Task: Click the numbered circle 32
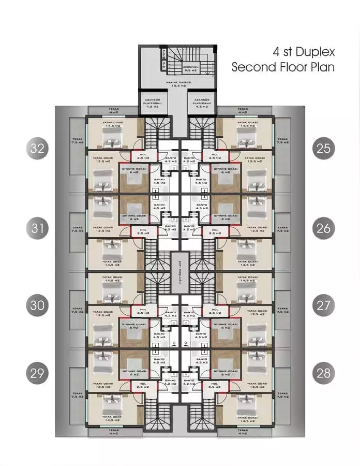point(36,149)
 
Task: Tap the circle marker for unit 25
point(323,149)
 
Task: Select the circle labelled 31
point(36,228)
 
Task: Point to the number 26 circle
point(323,228)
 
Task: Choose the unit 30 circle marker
point(36,305)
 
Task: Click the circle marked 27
point(323,305)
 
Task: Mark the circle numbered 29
point(36,373)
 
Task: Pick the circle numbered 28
point(323,373)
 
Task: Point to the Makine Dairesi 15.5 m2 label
point(179,84)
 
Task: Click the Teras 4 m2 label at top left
point(113,111)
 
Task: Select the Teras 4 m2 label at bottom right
point(244,431)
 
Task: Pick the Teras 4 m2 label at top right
point(244,111)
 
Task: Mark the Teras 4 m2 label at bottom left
point(113,431)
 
